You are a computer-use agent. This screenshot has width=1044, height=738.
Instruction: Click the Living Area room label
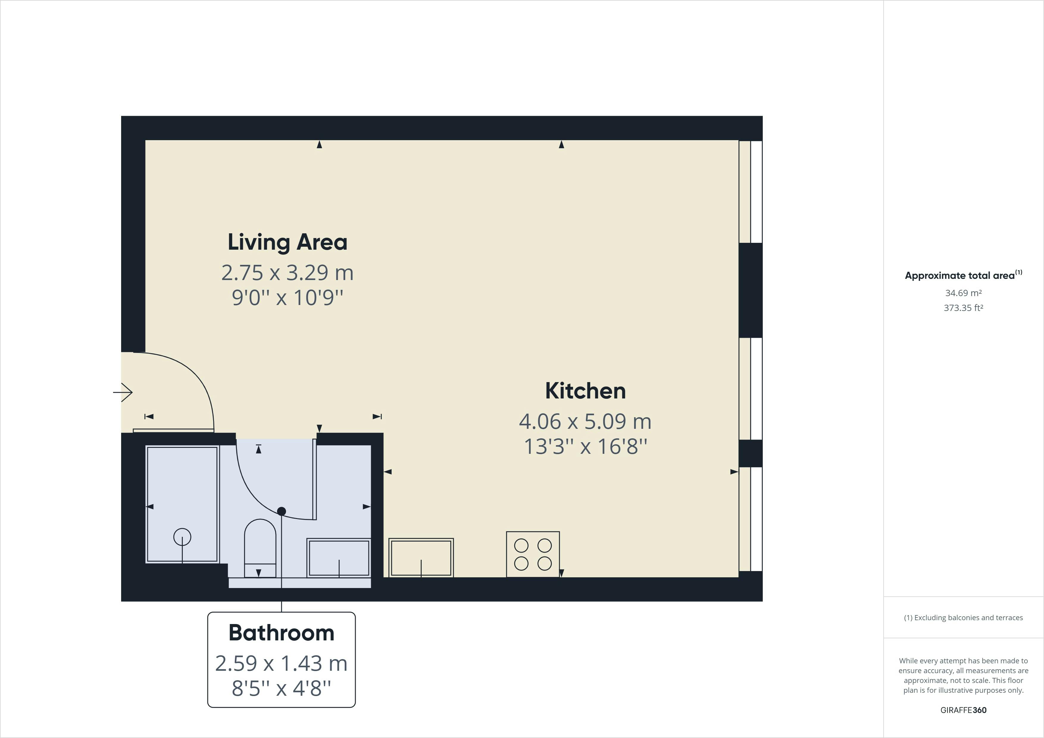click(x=287, y=242)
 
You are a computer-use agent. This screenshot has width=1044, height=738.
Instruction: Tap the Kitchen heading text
click(x=585, y=391)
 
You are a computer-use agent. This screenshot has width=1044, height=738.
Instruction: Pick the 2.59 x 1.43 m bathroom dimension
click(x=282, y=663)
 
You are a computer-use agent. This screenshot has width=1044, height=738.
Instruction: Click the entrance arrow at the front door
click(x=123, y=392)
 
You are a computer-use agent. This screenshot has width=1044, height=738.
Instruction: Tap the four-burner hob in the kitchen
click(x=533, y=554)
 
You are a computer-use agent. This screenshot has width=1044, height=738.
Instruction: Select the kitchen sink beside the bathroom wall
click(x=421, y=558)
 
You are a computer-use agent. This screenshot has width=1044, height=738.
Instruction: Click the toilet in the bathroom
click(x=260, y=548)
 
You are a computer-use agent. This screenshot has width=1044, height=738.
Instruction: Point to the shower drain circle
click(x=182, y=537)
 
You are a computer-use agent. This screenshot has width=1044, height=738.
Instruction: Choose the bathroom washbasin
click(x=339, y=558)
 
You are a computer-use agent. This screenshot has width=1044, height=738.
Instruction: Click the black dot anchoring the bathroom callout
click(x=282, y=511)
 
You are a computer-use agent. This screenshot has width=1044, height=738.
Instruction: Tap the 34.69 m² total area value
click(x=963, y=293)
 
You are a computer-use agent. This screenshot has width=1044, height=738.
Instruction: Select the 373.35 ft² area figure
click(x=963, y=308)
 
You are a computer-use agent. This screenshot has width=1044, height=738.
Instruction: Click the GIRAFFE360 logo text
click(x=963, y=710)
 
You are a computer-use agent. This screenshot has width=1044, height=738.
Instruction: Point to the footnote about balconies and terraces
click(x=963, y=617)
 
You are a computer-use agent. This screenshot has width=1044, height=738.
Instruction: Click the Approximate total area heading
click(x=963, y=275)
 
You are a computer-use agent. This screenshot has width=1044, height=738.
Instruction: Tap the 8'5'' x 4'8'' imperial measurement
click(x=282, y=688)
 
